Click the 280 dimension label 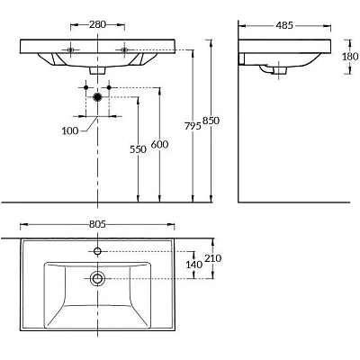pos(97,24)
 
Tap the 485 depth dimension pos(284,25)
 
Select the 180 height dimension pos(350,56)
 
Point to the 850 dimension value pos(211,121)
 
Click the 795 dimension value pos(193,127)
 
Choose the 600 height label pos(159,145)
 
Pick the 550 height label pos(138,149)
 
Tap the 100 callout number pos(70,130)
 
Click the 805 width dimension pos(97,224)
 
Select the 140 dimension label pos(194,265)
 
